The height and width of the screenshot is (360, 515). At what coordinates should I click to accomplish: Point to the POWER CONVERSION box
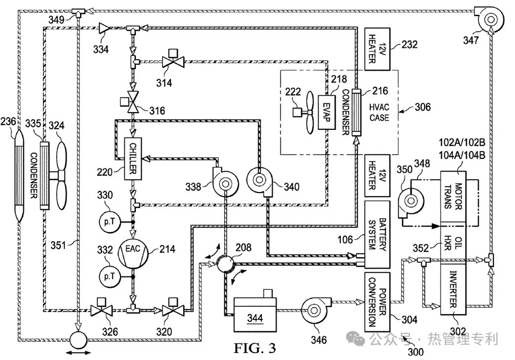point(376,301)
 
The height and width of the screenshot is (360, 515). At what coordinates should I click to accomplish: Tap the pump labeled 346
point(314,309)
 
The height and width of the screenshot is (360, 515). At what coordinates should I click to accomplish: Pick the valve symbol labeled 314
point(173,61)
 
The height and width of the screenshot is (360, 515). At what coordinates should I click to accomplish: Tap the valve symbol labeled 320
point(173,310)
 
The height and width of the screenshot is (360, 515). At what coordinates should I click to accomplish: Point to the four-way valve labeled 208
point(225,263)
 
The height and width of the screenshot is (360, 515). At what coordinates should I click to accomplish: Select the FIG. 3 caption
point(255,348)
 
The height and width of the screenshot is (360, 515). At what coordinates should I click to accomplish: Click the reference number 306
point(423,107)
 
